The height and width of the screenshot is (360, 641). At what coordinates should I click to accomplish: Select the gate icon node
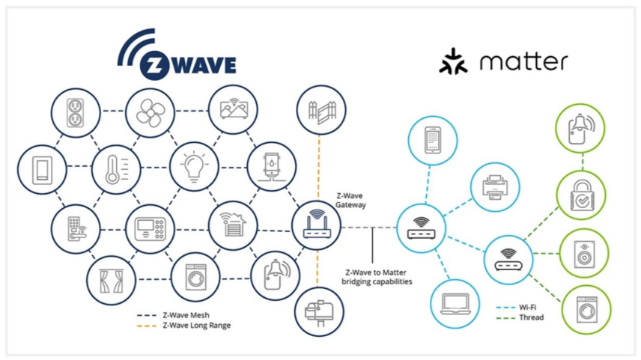318,110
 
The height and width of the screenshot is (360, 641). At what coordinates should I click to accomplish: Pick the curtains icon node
109,280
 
